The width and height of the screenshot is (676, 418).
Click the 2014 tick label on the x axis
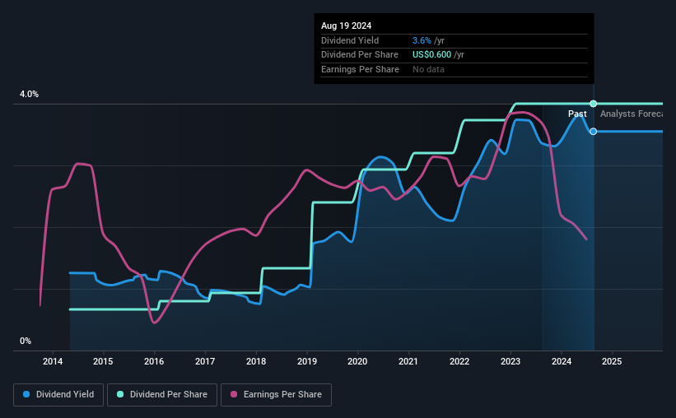pos(53,361)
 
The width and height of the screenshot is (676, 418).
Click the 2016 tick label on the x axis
pos(154,361)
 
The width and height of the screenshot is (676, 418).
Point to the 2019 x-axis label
pos(307,361)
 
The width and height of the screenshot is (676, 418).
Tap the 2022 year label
pos(459,361)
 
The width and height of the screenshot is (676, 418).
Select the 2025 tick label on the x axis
pos(612,361)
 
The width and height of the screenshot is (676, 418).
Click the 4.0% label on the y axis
pos(29,95)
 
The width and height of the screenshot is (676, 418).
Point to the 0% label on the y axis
pos(26,341)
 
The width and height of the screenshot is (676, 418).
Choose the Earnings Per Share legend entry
pos(276,395)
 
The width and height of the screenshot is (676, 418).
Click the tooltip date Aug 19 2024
pos(346,26)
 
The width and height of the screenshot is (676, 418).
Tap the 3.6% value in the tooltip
pos(422,40)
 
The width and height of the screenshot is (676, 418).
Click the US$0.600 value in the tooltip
pos(438,55)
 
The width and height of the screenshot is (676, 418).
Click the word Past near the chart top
pos(577,114)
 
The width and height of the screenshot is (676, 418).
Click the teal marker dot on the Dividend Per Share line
pos(593,104)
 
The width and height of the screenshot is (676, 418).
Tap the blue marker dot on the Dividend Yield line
pos(593,132)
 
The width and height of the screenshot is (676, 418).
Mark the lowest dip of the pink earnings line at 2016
pos(154,323)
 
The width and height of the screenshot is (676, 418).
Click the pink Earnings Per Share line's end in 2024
pos(586,239)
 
